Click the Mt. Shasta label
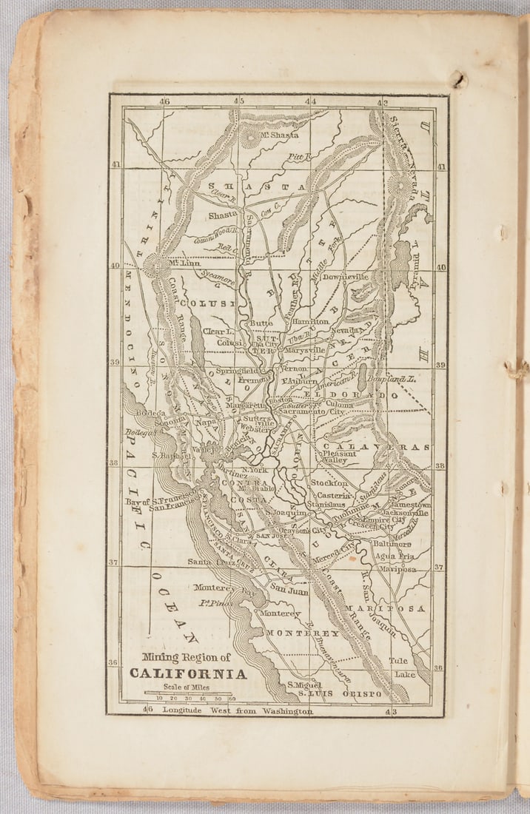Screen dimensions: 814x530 (274, 135)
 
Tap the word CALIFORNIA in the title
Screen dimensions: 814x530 (188, 673)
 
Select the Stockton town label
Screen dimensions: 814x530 (329, 482)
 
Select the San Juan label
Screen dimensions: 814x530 (288, 590)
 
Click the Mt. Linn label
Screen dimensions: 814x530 (185, 263)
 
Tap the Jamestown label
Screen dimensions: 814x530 (410, 504)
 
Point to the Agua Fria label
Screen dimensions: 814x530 (393, 556)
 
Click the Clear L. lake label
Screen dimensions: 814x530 (218, 332)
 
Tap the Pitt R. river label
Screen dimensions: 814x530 (299, 157)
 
